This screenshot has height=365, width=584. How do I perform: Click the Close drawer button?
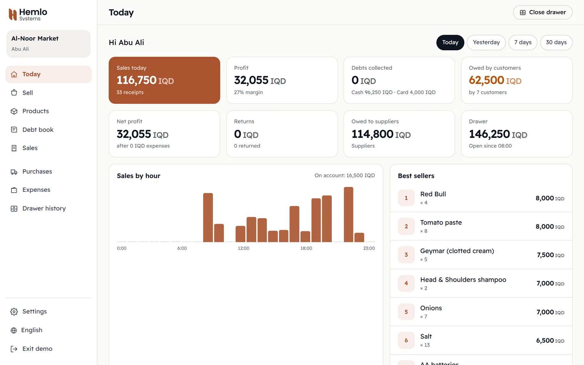pyautogui.click(x=542, y=12)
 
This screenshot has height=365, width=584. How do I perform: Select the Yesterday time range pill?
pyautogui.click(x=486, y=43)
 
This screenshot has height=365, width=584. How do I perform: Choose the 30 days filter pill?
pyautogui.click(x=556, y=43)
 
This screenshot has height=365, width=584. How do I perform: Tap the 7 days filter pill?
pyautogui.click(x=523, y=43)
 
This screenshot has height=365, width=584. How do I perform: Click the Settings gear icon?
pyautogui.click(x=14, y=312)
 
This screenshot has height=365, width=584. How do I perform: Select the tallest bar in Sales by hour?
pyautogui.click(x=348, y=214)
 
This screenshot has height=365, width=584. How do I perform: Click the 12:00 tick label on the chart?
pyautogui.click(x=244, y=248)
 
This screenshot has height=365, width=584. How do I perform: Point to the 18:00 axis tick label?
pyautogui.click(x=306, y=248)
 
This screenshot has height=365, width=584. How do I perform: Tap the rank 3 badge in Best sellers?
pyautogui.click(x=406, y=255)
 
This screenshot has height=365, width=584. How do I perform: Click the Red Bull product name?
pyautogui.click(x=433, y=194)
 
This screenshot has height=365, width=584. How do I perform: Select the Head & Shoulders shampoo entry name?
pyautogui.click(x=463, y=280)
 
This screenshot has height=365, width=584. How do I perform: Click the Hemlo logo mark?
pyautogui.click(x=13, y=15)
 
